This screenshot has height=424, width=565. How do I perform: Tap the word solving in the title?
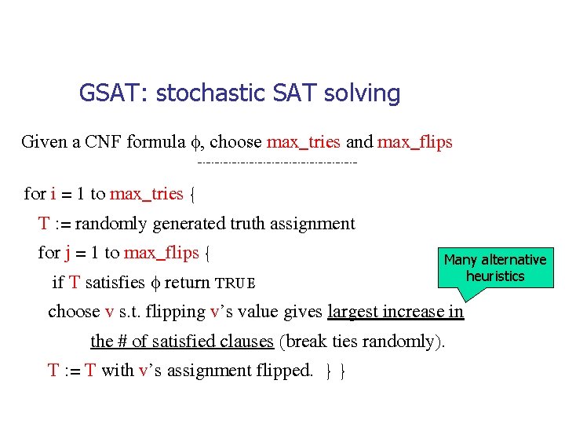point(366,93)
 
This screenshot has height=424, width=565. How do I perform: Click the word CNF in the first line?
point(104,142)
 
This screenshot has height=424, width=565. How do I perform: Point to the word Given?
point(44,142)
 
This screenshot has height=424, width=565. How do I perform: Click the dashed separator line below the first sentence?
point(278,163)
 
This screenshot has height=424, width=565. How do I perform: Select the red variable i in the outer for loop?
point(53,193)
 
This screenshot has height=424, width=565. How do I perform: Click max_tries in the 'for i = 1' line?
point(147,193)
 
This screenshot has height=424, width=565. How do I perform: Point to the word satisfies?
point(122,283)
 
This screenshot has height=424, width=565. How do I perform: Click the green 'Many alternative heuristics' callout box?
point(494,268)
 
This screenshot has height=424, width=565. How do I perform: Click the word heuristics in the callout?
point(494,276)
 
